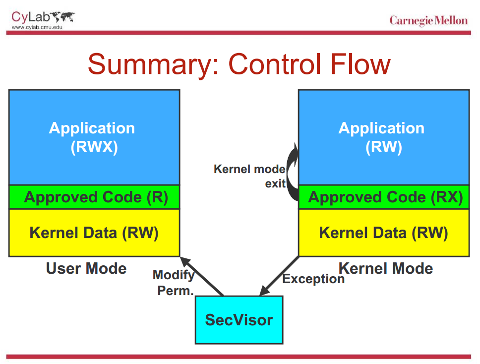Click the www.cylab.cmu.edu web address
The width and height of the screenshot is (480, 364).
click(x=34, y=27)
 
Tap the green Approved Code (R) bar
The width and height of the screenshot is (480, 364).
click(x=94, y=197)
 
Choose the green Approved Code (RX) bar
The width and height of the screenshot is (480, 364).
click(x=383, y=197)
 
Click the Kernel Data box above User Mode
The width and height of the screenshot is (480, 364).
click(x=94, y=233)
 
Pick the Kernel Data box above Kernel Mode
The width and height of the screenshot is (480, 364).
click(x=383, y=233)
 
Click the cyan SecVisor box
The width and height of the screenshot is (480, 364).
click(x=239, y=320)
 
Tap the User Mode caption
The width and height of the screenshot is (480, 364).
click(x=86, y=269)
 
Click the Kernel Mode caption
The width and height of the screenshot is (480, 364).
click(x=386, y=269)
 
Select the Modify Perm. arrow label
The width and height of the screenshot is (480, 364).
click(x=174, y=283)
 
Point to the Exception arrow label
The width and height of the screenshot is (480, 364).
click(x=313, y=279)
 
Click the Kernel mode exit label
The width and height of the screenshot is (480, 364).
click(x=250, y=176)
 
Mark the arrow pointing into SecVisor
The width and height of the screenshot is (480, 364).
click(x=279, y=276)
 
